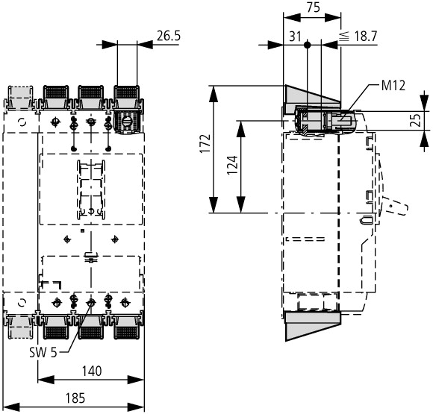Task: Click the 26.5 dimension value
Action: [x=169, y=36]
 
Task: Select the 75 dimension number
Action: [x=313, y=7]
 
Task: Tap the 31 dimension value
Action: [x=295, y=37]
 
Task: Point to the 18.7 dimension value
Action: [x=365, y=37]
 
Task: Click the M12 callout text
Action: [x=393, y=86]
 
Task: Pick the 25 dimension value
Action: [x=416, y=120]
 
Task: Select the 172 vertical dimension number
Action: [x=205, y=143]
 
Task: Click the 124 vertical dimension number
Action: [x=232, y=165]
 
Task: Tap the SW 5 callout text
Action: [x=43, y=352]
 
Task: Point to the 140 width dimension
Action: [x=92, y=371]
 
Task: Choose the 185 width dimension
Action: [x=75, y=398]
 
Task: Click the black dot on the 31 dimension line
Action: [x=307, y=45]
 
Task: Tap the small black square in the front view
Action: [x=82, y=230]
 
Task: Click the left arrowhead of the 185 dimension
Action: [x=11, y=407]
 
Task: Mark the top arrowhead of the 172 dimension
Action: [x=214, y=95]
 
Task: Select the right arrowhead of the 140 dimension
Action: [x=136, y=380]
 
